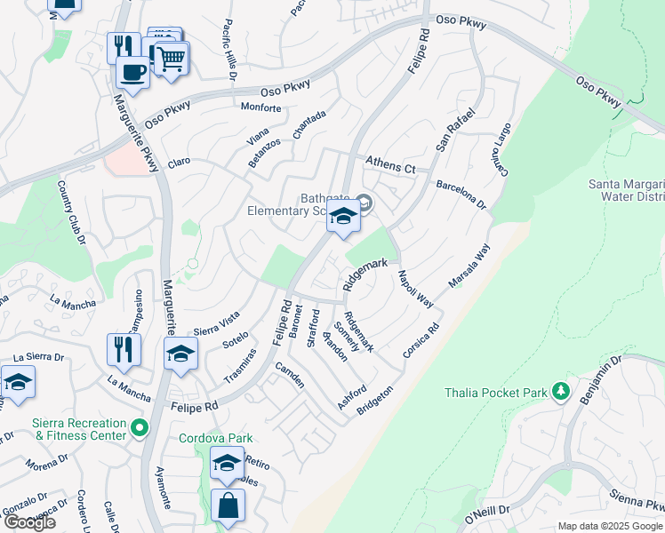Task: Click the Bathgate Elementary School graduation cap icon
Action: (343, 215)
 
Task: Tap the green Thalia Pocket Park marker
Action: (560, 391)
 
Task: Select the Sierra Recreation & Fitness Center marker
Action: (139, 429)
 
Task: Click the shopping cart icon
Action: (172, 59)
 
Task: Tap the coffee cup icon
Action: (133, 71)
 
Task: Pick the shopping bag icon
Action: (228, 505)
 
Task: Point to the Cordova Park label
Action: (215, 438)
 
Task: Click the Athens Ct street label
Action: (391, 165)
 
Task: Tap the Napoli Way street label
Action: (415, 289)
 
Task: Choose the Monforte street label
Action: (261, 108)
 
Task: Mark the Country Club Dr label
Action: (70, 212)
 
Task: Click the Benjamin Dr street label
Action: (601, 380)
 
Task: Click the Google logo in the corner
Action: (28, 522)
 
